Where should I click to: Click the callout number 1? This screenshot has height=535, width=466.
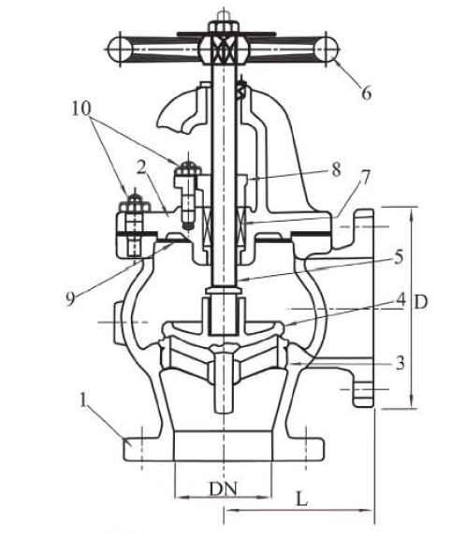tap(83, 400)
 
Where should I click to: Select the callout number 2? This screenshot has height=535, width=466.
tap(141, 167)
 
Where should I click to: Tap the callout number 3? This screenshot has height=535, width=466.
tap(400, 363)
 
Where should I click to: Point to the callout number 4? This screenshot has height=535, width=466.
tap(400, 299)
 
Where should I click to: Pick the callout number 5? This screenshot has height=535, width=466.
tap(399, 256)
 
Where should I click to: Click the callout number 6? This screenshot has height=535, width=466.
tap(366, 93)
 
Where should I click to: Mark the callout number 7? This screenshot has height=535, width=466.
tap(365, 178)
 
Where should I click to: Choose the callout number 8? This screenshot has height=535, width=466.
tap(336, 169)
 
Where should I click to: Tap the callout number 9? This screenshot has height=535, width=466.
tap(70, 299)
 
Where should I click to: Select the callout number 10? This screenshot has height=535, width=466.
tap(81, 108)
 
